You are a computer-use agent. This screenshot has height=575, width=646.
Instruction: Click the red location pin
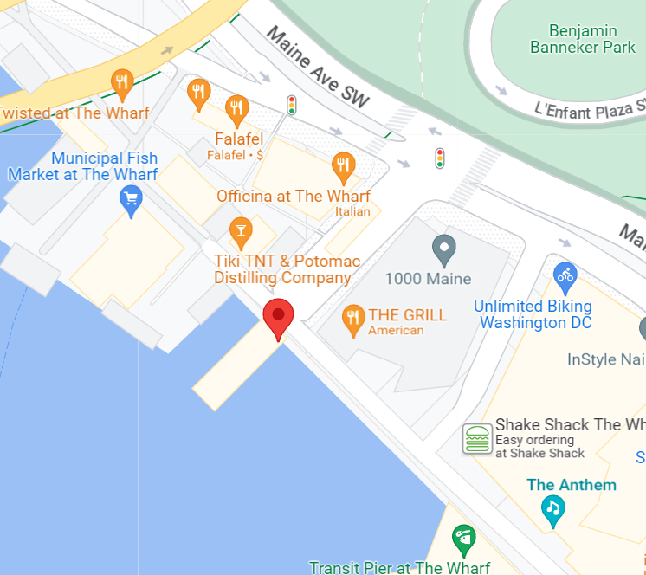click(278, 317)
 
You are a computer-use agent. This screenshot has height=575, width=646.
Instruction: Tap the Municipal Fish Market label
click(82, 166)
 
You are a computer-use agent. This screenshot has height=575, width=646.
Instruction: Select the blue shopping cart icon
click(131, 202)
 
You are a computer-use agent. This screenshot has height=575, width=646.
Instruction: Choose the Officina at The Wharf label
click(293, 196)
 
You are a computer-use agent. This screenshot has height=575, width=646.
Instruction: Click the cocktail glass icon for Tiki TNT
click(241, 230)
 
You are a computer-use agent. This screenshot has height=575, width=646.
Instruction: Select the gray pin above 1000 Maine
click(444, 249)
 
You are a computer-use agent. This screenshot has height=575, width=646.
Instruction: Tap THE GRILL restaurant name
click(407, 315)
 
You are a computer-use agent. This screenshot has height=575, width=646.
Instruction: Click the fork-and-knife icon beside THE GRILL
click(352, 318)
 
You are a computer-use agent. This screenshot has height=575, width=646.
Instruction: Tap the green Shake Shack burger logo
click(476, 438)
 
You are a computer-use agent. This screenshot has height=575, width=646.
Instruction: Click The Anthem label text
click(572, 485)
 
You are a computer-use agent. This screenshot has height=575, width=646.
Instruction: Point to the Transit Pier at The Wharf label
click(400, 567)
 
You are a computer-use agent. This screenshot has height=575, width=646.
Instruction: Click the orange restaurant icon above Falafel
click(236, 108)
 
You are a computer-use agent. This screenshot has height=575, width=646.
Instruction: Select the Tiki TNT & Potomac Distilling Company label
click(287, 269)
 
